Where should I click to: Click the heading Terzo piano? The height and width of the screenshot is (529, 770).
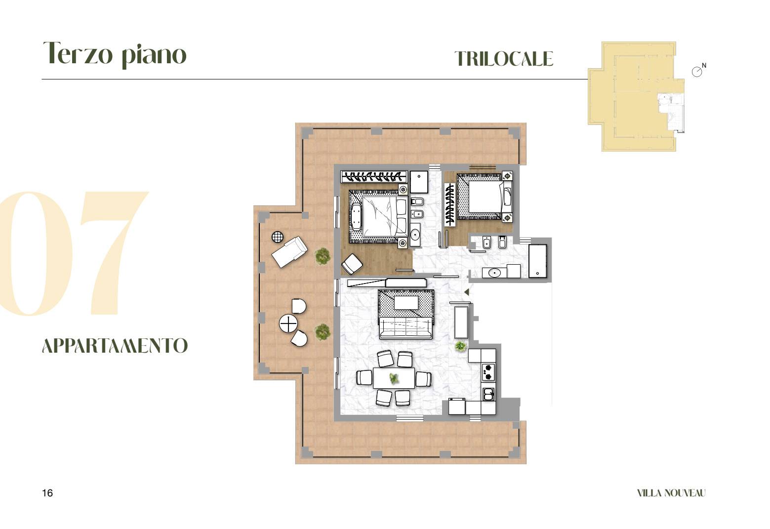(115, 54)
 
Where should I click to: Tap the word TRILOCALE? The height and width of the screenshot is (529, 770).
(504, 59)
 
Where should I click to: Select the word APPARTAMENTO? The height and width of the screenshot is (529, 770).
(115, 345)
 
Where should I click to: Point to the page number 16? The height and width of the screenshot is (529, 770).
(47, 493)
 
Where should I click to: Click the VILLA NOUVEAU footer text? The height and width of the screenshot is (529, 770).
(671, 493)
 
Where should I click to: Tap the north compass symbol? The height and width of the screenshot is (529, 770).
(697, 71)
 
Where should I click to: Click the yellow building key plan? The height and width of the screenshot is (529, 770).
(636, 97)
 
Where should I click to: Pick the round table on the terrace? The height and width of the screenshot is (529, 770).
(288, 324)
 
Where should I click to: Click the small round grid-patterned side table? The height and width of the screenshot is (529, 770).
(278, 237)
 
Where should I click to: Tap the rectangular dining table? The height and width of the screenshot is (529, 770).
(394, 378)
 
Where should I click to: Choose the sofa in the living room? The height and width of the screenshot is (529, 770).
(406, 327)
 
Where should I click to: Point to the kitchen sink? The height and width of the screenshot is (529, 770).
(489, 394)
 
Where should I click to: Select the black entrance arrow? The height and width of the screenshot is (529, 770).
(466, 292)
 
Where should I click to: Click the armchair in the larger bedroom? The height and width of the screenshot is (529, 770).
(352, 264)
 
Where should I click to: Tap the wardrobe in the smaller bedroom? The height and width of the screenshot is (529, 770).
(450, 204)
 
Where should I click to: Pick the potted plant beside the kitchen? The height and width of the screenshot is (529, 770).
(460, 346)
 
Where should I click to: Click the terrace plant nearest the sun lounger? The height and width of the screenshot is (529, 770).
(323, 256)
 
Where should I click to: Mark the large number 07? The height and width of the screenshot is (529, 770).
(74, 253)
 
